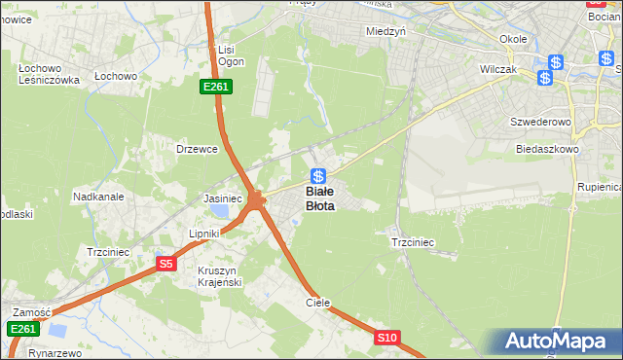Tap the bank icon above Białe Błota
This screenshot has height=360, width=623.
click(318, 176)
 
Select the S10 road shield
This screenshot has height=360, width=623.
click(387, 338)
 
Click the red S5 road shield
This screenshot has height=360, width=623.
click(165, 264)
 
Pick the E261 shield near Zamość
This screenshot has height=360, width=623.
click(22, 330)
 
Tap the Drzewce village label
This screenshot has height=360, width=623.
click(195, 149)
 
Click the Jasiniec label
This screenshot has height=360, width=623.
click(222, 198)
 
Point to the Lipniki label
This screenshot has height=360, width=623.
click(205, 234)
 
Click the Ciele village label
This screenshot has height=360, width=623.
click(318, 303)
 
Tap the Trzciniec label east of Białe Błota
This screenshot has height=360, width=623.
click(412, 242)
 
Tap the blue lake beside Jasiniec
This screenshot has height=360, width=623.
click(223, 210)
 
